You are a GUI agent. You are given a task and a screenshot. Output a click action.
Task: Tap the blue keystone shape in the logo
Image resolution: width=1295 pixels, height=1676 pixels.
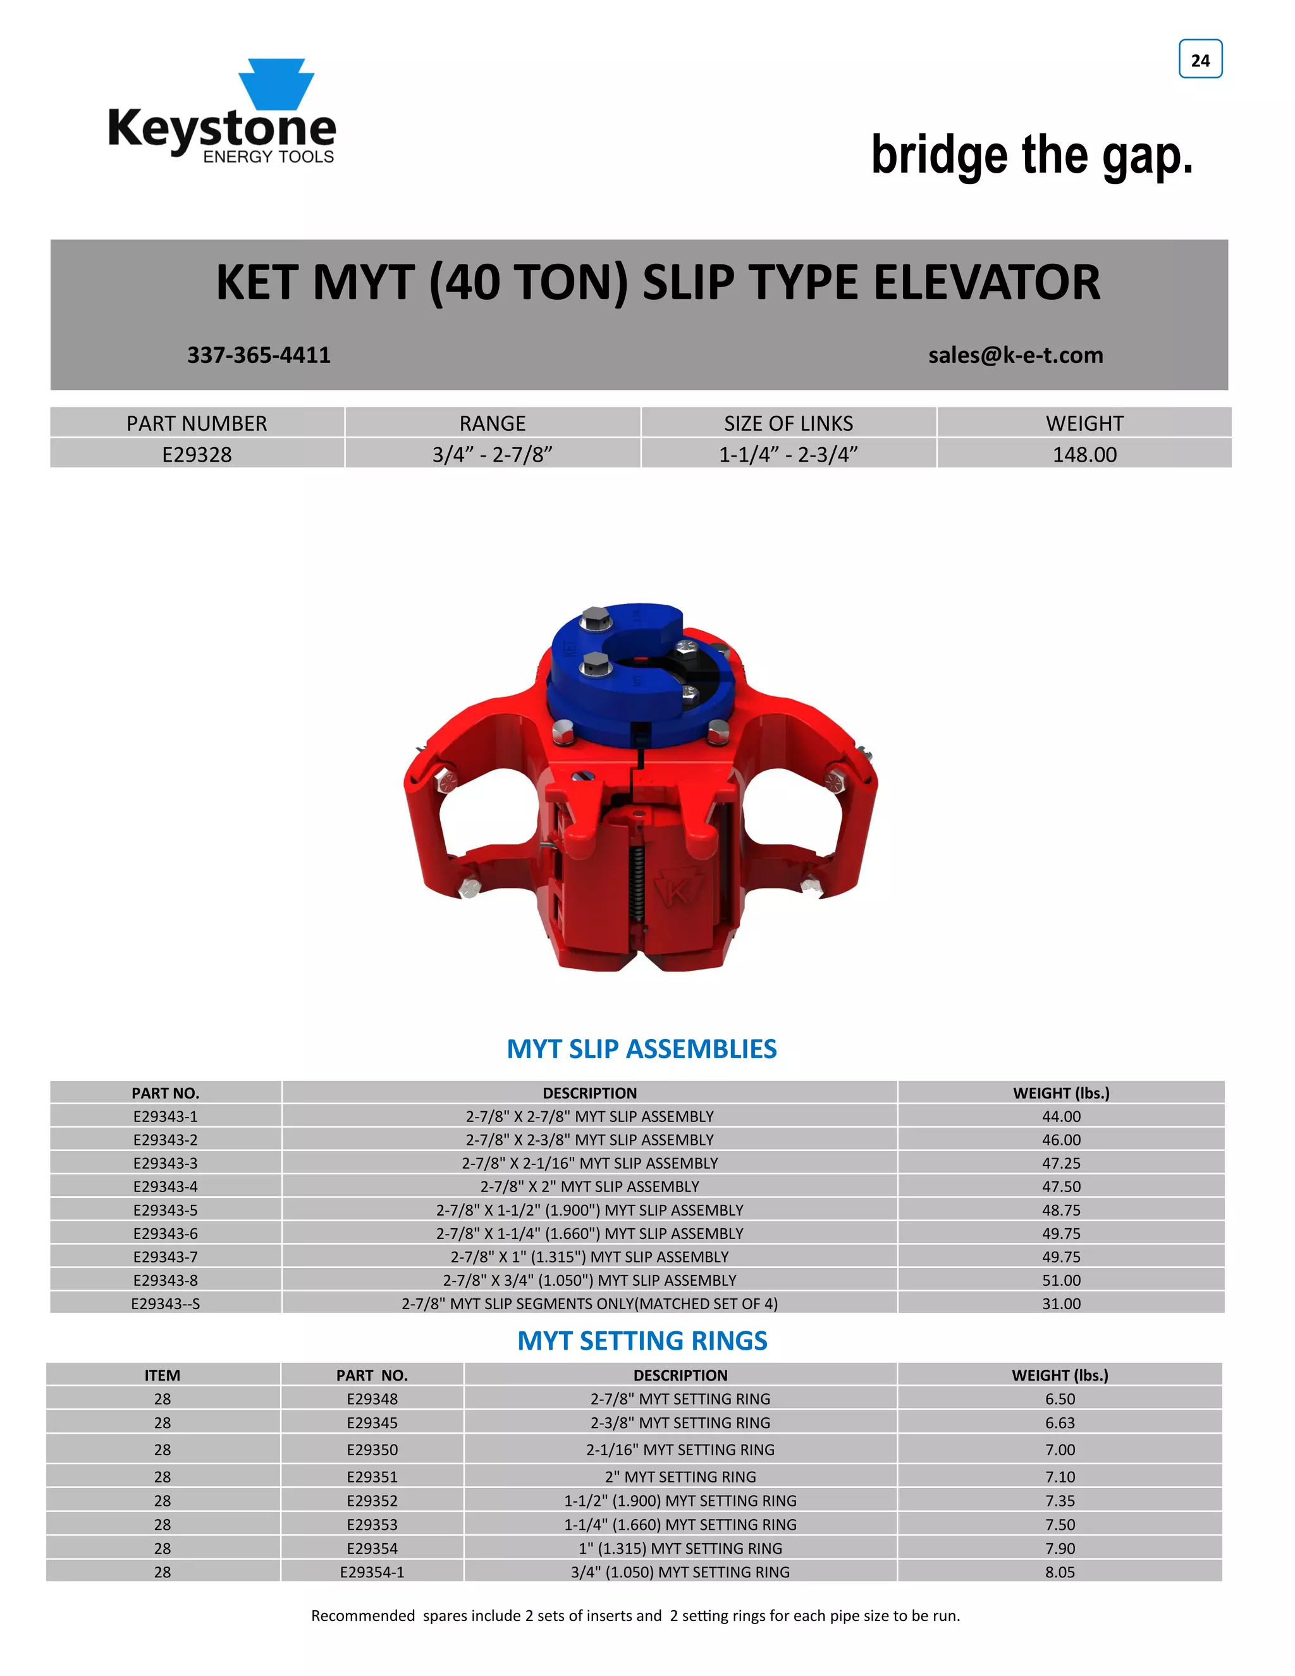coord(276,82)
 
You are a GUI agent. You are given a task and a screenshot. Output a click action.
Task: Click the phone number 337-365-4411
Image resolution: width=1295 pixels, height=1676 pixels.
coord(259,355)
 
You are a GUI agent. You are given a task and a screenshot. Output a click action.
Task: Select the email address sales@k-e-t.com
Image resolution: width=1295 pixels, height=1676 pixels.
coord(1015,355)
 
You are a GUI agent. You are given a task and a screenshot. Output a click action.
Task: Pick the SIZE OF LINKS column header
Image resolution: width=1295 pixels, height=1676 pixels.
coord(788,424)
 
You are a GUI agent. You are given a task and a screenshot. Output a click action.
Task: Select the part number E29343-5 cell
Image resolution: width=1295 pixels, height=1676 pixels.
coord(165,1210)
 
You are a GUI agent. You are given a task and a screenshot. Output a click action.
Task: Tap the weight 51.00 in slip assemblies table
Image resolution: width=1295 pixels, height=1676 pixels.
coord(1061,1280)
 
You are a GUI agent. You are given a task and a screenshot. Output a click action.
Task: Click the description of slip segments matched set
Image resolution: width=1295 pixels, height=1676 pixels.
coord(589,1304)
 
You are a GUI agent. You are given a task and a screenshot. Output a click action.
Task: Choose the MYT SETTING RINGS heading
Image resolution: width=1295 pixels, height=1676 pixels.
coord(642,1341)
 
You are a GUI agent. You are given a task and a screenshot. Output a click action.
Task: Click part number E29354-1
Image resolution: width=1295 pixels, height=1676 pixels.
coord(372,1572)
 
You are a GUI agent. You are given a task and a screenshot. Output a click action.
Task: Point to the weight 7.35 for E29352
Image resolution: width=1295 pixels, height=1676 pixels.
coord(1060,1501)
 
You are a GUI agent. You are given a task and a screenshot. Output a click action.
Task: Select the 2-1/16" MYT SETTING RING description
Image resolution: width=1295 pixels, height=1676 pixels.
coord(680,1450)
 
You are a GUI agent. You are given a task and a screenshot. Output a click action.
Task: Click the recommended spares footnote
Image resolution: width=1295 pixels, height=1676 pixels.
coord(635,1616)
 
